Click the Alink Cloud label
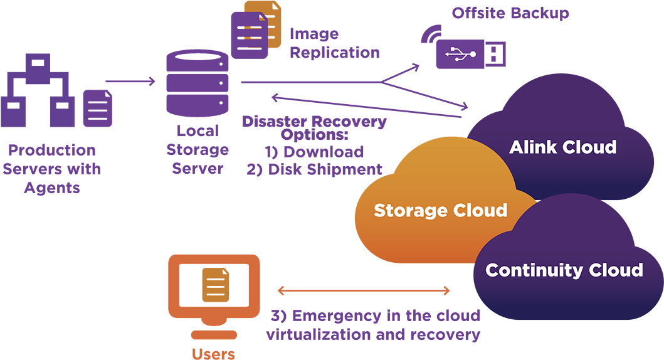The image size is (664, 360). [x=562, y=147]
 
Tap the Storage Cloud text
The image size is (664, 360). [x=440, y=210]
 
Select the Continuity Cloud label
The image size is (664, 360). [x=564, y=270]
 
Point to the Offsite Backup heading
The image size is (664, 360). [x=510, y=13]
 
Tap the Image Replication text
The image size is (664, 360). [x=334, y=43]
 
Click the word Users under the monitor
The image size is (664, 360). [x=213, y=353]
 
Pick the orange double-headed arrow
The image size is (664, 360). [x=364, y=290]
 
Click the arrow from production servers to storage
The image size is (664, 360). [x=130, y=82]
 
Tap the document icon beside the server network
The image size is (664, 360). [x=98, y=108]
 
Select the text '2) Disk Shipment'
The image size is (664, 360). [x=315, y=169]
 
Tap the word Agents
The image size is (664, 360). [x=52, y=188]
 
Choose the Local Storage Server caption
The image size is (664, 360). [x=198, y=150]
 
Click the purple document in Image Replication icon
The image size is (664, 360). [x=249, y=35]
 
